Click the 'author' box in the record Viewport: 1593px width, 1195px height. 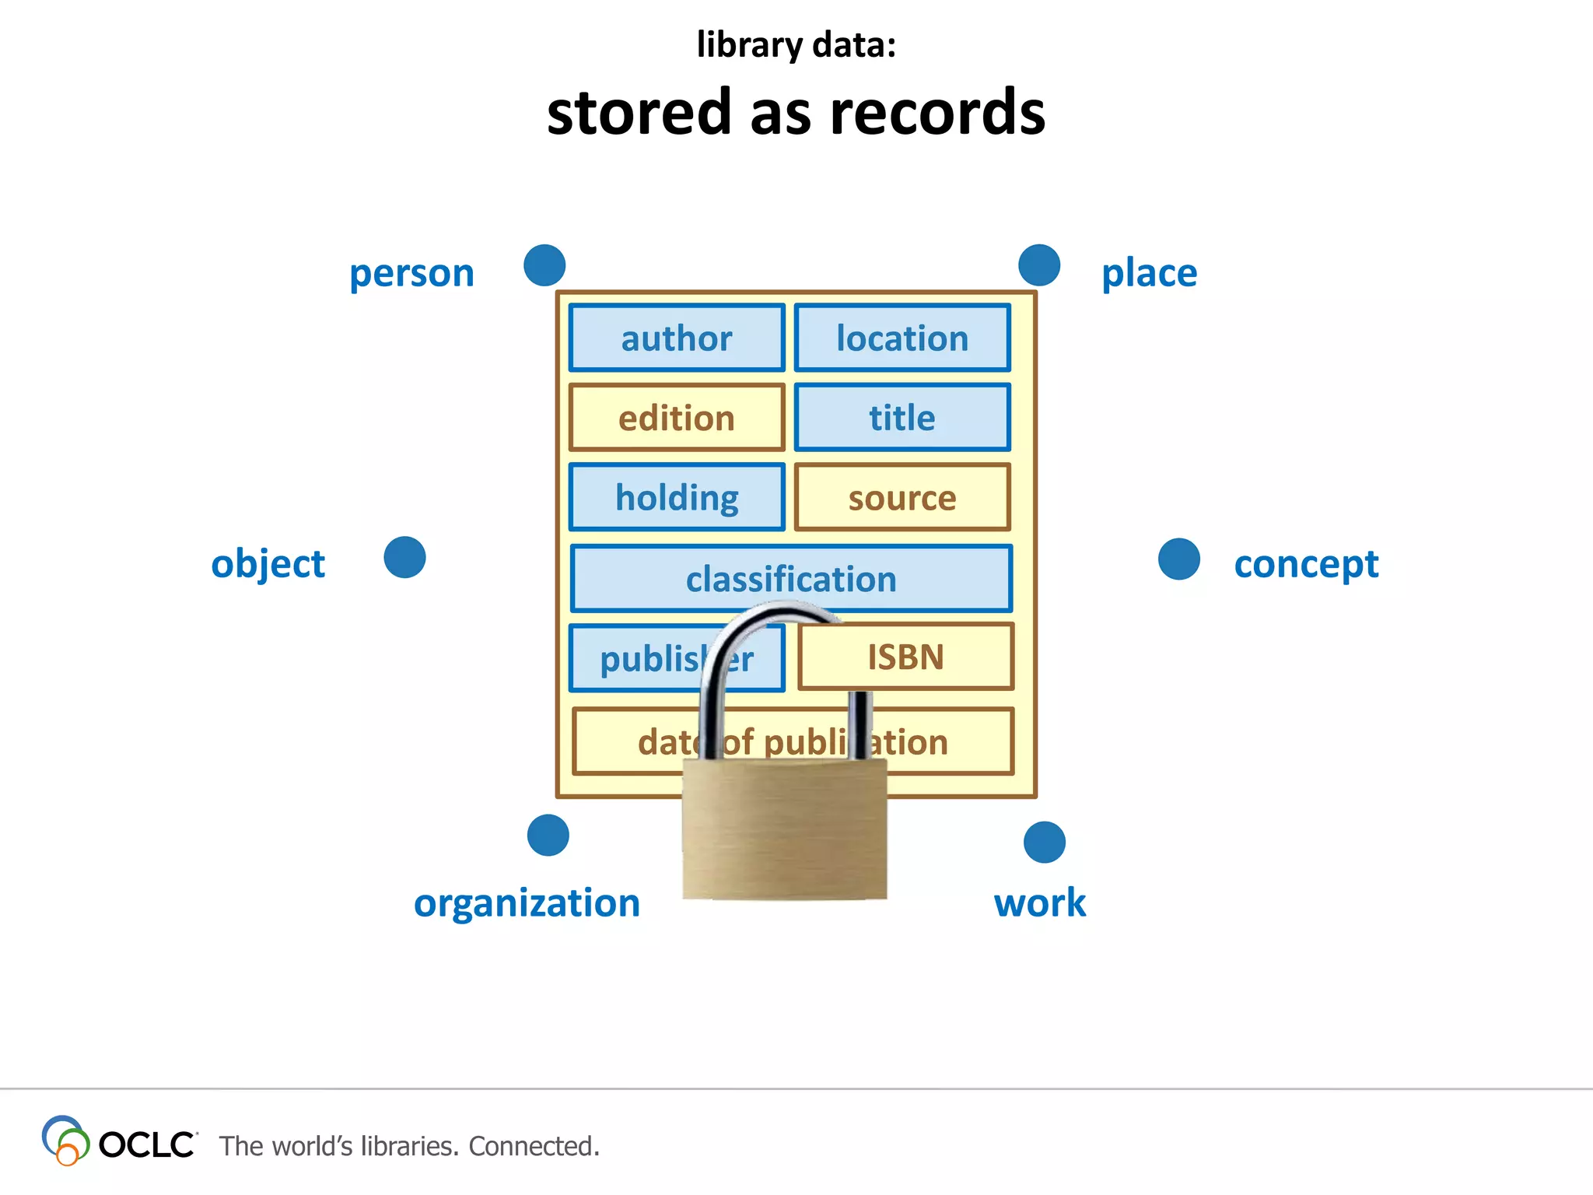tap(677, 338)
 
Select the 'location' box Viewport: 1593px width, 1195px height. tap(902, 338)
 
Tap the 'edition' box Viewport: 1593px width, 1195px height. tap(677, 418)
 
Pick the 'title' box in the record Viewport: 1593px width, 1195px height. tap(902, 418)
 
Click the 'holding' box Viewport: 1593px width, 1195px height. tap(677, 498)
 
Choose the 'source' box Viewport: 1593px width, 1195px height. tap(902, 498)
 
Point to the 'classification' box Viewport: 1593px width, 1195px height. tap(791, 579)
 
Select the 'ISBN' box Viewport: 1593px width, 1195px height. tap(906, 657)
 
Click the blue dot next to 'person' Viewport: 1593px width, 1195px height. tap(544, 265)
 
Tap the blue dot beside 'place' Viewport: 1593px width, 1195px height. tap(1039, 265)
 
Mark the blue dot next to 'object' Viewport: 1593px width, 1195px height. tap(405, 558)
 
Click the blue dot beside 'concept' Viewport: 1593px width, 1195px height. tap(1179, 559)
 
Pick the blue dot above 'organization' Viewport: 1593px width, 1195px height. tap(548, 836)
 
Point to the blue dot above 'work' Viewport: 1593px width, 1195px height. tap(1045, 843)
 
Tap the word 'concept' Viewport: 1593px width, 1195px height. tap(1306, 564)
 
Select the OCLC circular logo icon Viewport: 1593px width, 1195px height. tap(65, 1141)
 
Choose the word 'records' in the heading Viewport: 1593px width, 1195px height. tap(937, 113)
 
